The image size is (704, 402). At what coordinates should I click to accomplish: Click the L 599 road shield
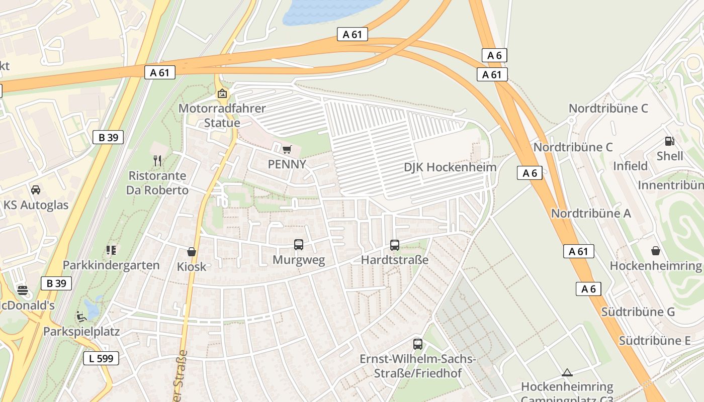click(x=101, y=358)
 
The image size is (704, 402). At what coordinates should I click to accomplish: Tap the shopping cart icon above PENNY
click(x=287, y=149)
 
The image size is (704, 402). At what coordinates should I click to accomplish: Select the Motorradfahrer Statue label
click(x=222, y=116)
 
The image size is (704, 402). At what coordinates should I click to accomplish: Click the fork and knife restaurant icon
click(x=157, y=161)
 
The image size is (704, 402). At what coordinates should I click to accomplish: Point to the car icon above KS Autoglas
click(x=36, y=190)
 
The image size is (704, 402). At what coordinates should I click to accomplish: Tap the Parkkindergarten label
click(x=111, y=265)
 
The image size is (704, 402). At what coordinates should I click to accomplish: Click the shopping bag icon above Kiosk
click(x=192, y=252)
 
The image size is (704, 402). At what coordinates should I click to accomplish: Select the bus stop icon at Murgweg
click(x=299, y=245)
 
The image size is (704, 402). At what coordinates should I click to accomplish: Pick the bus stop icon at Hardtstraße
click(x=395, y=245)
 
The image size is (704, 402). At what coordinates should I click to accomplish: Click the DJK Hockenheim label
click(x=450, y=167)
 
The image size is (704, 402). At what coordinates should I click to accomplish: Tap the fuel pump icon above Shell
click(x=670, y=141)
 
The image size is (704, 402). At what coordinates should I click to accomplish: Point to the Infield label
click(x=630, y=166)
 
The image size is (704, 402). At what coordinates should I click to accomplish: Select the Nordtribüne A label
click(x=591, y=213)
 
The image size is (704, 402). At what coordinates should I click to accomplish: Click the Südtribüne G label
click(x=638, y=312)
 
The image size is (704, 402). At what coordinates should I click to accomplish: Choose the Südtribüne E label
click(x=655, y=340)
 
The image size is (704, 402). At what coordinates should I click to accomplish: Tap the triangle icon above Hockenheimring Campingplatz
click(x=567, y=372)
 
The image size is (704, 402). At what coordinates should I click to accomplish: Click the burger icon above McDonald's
click(x=23, y=290)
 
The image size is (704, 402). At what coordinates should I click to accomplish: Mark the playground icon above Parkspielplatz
click(x=81, y=317)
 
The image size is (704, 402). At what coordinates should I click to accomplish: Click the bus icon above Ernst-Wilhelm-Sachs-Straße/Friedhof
click(x=418, y=344)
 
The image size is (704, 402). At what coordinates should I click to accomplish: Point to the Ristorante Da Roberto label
click(x=157, y=183)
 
